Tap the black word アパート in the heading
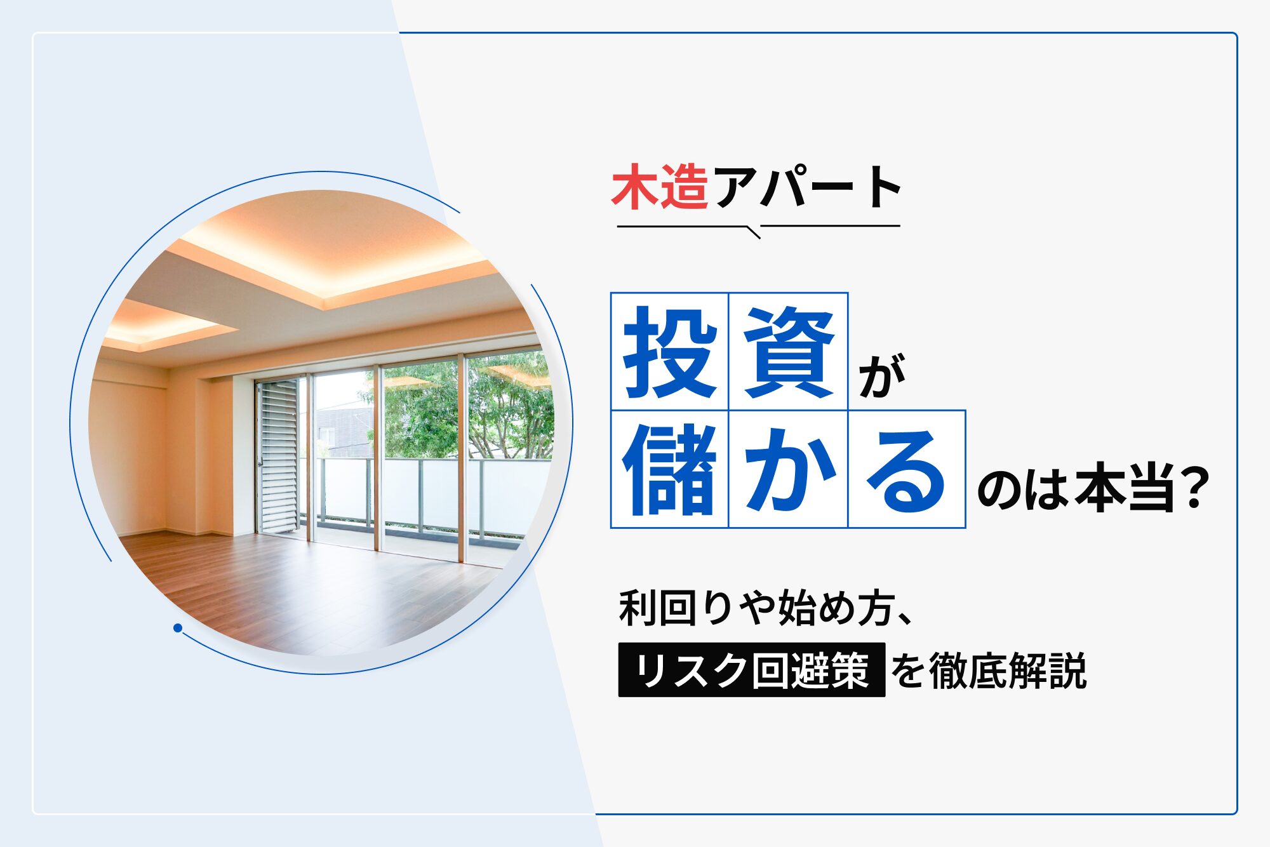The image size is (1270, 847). (808, 187)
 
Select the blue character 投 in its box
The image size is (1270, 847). (670, 351)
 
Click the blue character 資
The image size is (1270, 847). (789, 351)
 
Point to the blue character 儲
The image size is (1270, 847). (670, 469)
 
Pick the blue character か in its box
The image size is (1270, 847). (789, 469)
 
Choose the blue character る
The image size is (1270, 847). (906, 470)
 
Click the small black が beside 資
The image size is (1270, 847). (882, 377)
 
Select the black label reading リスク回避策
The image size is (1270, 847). (752, 670)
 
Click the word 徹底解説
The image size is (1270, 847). (1008, 670)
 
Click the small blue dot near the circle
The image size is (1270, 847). (178, 628)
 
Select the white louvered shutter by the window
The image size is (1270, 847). (278, 456)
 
